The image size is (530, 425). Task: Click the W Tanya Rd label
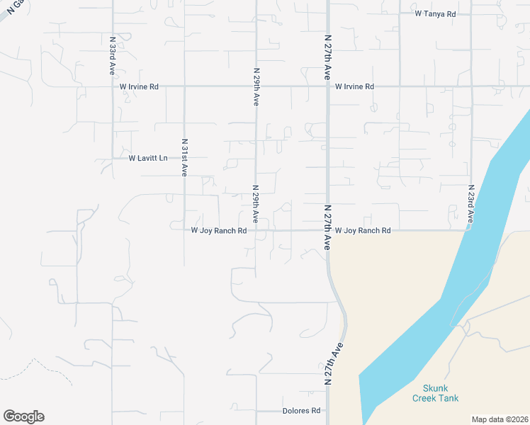click(435, 13)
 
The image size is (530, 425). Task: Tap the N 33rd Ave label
click(113, 57)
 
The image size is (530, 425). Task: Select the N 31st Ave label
click(184, 157)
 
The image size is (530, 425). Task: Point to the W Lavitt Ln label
click(148, 158)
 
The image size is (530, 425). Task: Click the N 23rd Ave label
click(470, 203)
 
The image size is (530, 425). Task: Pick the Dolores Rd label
click(301, 411)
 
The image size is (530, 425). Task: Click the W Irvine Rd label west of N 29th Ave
click(139, 86)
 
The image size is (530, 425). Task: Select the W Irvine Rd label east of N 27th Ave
click(354, 86)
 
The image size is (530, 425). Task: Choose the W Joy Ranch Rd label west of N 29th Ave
click(219, 231)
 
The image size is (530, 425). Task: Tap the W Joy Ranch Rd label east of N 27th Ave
click(363, 231)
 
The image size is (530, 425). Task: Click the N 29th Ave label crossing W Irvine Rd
click(256, 87)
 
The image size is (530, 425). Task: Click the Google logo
click(23, 416)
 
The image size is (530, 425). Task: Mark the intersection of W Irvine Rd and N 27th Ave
click(327, 86)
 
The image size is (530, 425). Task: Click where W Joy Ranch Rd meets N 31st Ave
click(184, 230)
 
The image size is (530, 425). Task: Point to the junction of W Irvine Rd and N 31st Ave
click(184, 86)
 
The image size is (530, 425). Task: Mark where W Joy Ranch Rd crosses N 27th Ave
click(327, 230)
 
